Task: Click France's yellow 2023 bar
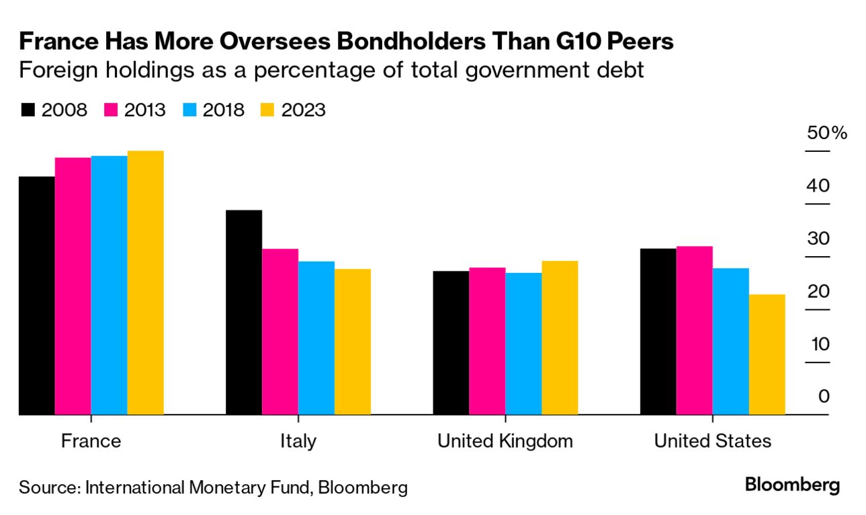pyautogui.click(x=145, y=282)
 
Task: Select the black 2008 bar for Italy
pyautogui.click(x=244, y=313)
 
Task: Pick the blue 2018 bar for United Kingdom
pyautogui.click(x=523, y=344)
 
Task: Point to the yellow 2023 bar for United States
pyautogui.click(x=767, y=354)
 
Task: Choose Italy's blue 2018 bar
pyautogui.click(x=316, y=338)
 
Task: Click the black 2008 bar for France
pyautogui.click(x=37, y=296)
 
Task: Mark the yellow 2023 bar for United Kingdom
pyautogui.click(x=560, y=338)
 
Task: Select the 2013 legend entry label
pyautogui.click(x=144, y=110)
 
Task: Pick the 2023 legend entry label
pyautogui.click(x=304, y=110)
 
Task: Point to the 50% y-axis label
pyautogui.click(x=827, y=132)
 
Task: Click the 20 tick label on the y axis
pyautogui.click(x=819, y=292)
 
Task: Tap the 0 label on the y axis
pyautogui.click(x=824, y=396)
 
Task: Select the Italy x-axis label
pyautogui.click(x=298, y=442)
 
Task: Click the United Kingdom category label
pyautogui.click(x=505, y=442)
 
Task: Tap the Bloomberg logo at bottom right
pyautogui.click(x=793, y=485)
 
